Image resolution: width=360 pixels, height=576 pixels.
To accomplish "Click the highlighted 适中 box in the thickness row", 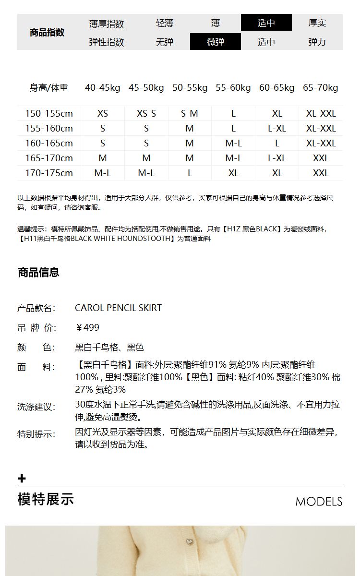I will pyautogui.click(x=266, y=23).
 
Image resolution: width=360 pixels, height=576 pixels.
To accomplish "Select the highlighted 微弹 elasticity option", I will pyautogui.click(x=215, y=42).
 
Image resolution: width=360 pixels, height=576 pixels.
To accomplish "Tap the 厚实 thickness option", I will pyautogui.click(x=317, y=23).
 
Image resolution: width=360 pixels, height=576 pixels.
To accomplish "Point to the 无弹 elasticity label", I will pyautogui.click(x=164, y=42).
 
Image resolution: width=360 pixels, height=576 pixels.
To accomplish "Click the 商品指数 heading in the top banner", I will pyautogui.click(x=47, y=33).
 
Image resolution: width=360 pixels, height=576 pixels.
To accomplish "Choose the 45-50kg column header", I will pyautogui.click(x=146, y=87).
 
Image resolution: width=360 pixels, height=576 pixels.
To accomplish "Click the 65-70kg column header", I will pyautogui.click(x=320, y=87).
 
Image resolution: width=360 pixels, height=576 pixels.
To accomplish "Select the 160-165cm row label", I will pyautogui.click(x=49, y=143).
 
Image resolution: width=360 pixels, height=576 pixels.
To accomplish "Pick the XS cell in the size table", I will pyautogui.click(x=103, y=114).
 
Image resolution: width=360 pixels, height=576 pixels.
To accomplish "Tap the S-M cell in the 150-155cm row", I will pyautogui.click(x=190, y=114).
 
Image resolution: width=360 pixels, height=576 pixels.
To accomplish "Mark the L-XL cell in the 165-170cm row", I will pyautogui.click(x=277, y=158).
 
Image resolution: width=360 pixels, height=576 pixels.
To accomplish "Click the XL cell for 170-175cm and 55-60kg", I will pyautogui.click(x=233, y=173).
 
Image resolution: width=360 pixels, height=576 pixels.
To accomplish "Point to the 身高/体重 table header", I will pyautogui.click(x=49, y=87).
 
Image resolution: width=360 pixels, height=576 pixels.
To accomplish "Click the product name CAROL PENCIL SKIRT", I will pyautogui.click(x=118, y=308).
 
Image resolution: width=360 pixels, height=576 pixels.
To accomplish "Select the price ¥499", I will pyautogui.click(x=88, y=327).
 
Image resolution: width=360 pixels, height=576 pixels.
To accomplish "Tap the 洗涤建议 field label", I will pyautogui.click(x=36, y=407).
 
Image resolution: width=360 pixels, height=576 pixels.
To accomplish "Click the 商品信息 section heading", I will pyautogui.click(x=38, y=273).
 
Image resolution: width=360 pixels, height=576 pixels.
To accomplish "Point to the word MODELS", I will pyautogui.click(x=319, y=502).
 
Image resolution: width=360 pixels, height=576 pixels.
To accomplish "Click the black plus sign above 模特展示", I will pyautogui.click(x=22, y=479).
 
